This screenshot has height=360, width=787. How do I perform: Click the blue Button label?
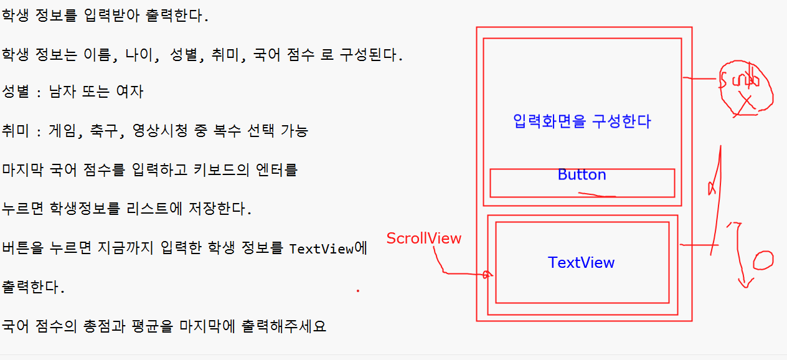pos(582,175)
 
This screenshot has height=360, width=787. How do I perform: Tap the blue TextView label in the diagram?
pos(581,263)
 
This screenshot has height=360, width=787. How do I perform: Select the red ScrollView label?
pos(424,239)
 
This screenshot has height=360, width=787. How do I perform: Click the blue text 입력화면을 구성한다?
pos(582,121)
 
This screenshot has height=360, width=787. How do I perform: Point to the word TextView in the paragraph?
pos(321,249)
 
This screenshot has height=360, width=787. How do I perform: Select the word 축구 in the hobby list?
pos(98,131)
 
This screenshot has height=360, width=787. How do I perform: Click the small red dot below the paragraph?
pos(357,290)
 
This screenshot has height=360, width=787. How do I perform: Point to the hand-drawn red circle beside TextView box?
pos(763,260)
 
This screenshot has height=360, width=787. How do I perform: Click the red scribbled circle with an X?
pos(746,89)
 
